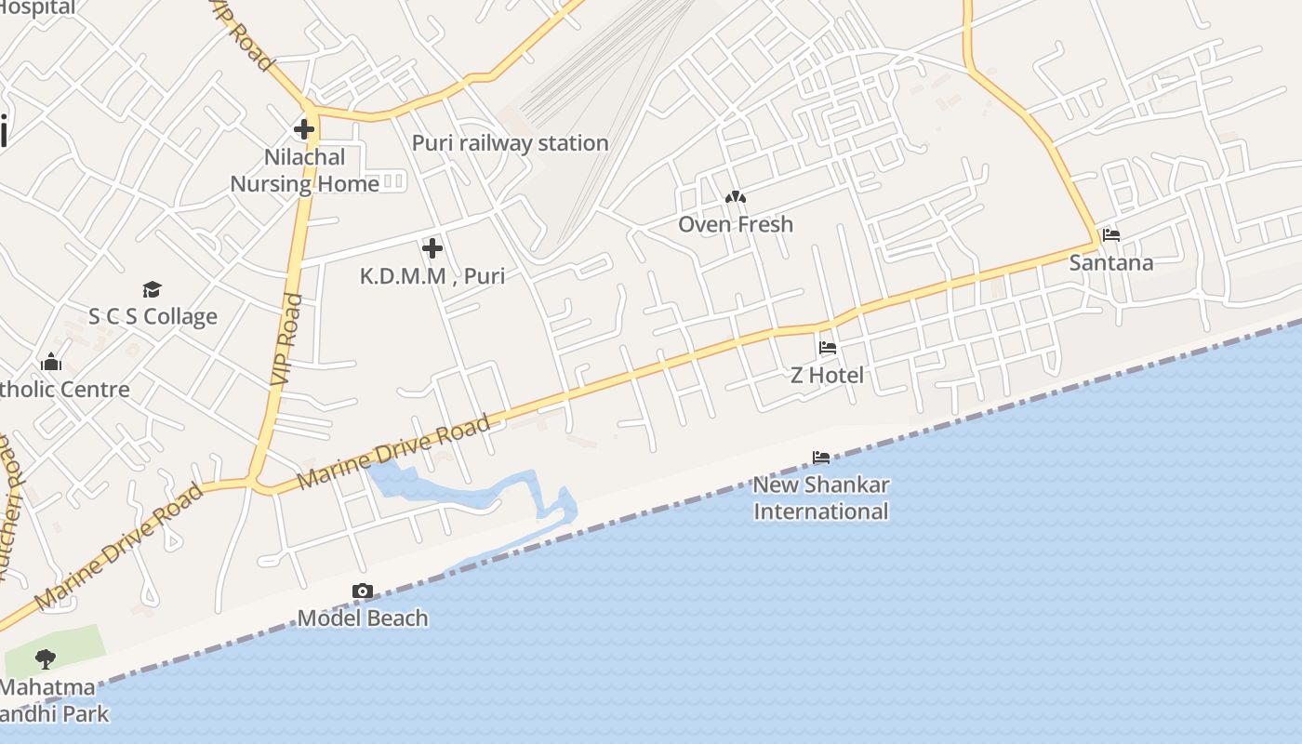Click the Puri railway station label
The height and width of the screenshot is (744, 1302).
510,143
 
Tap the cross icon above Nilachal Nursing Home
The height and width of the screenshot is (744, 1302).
304,129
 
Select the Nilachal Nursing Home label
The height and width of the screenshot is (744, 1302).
304,170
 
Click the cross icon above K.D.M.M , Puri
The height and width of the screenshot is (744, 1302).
432,248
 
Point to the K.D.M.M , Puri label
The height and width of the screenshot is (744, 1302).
432,276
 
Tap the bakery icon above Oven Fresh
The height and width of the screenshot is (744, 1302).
736,198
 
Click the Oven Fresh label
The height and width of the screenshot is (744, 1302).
736,224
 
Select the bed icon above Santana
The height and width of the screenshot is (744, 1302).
1111,235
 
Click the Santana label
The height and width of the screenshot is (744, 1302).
1111,262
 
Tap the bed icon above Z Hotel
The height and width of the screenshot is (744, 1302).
828,349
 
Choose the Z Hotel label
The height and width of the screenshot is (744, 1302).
827,375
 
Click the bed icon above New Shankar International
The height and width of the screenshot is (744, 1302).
821,458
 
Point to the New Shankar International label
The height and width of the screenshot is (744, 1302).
821,498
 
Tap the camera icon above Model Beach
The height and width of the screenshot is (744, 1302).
363,591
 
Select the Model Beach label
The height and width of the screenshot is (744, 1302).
363,618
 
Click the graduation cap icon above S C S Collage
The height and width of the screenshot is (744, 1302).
152,290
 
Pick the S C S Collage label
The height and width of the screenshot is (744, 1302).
153,316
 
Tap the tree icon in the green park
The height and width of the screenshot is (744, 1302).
45,660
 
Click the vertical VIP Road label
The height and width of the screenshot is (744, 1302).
288,339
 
